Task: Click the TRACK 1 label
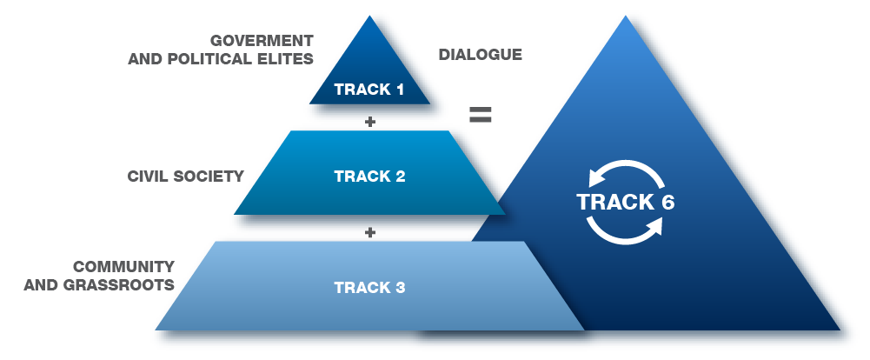[369, 90]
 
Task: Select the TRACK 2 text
[369, 177]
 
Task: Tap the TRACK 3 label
[369, 286]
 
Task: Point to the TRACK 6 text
[626, 202]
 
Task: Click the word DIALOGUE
[480, 55]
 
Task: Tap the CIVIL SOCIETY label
[185, 177]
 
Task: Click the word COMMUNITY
[123, 266]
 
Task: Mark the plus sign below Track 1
[370, 122]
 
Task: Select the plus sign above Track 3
[370, 232]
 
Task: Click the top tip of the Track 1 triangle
[370, 18]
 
